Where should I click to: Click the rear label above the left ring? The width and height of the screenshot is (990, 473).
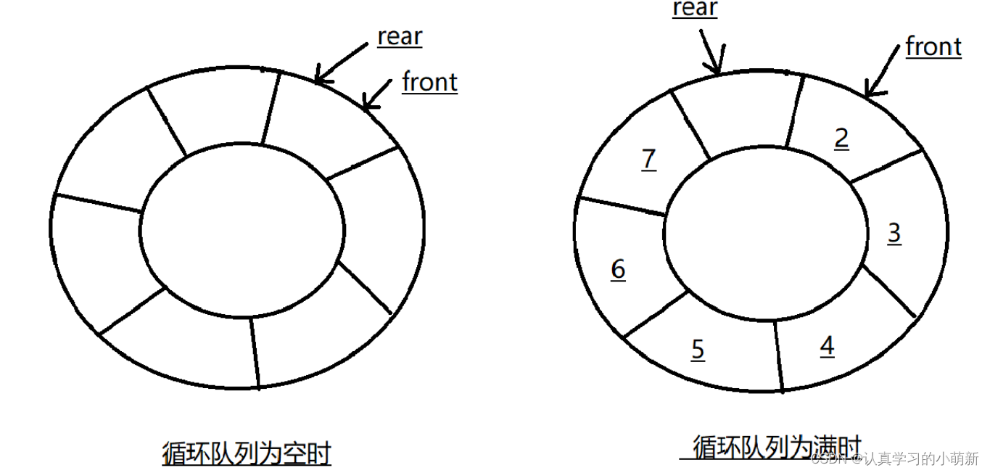[x=400, y=37]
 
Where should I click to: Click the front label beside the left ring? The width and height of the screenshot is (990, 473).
[x=429, y=82]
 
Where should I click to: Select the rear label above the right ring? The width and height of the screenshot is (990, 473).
[x=695, y=9]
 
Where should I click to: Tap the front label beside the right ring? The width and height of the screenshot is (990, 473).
[x=933, y=47]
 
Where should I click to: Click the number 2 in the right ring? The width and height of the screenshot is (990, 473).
[x=841, y=138]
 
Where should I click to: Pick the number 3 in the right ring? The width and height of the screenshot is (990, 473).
[x=894, y=233]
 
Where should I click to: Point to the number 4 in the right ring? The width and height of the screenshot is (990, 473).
[x=827, y=347]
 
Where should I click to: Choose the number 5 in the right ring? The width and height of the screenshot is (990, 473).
[x=698, y=350]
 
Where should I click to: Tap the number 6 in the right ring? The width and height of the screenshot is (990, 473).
[x=618, y=269]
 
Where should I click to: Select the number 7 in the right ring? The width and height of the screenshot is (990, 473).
[x=649, y=159]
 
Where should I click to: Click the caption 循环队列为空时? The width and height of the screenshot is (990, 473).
[x=247, y=454]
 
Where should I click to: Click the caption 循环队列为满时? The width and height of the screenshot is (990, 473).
[x=776, y=447]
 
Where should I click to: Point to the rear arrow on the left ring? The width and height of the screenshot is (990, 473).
[x=341, y=61]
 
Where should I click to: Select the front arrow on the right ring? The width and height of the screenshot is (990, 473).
[x=883, y=73]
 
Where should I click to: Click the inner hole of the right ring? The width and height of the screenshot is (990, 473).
[x=765, y=231]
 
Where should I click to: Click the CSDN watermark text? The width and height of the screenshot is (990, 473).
[x=896, y=459]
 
